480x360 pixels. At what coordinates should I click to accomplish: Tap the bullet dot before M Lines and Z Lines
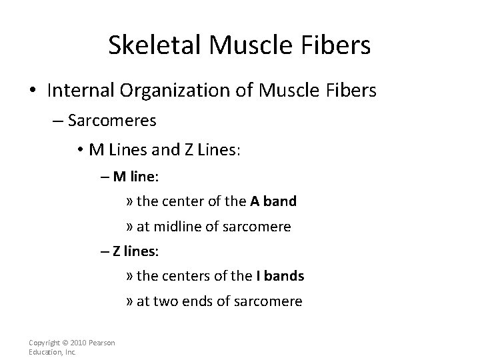click(79, 151)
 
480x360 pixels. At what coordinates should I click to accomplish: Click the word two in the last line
click(164, 301)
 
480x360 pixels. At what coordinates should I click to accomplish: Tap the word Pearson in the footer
click(101, 343)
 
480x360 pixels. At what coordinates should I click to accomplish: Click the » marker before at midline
click(129, 227)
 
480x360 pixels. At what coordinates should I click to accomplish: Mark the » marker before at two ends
click(129, 301)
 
